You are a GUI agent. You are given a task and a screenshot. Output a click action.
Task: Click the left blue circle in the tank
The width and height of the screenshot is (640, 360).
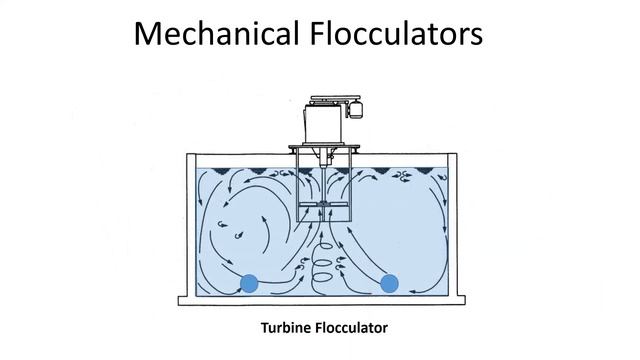point(249,284)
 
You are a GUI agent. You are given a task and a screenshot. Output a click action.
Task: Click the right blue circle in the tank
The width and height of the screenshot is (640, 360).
point(390,284)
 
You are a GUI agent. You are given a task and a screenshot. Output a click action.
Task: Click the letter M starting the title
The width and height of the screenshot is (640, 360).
point(149,34)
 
